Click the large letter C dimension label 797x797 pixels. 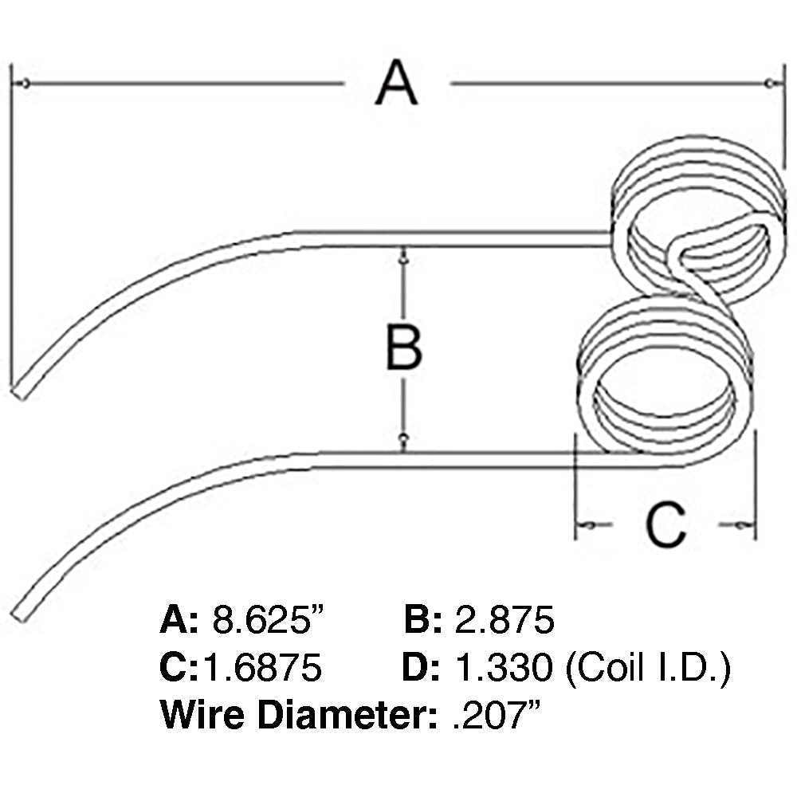665,525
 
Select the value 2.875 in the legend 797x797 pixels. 504,619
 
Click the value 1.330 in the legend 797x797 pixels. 503,668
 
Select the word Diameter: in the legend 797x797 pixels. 346,715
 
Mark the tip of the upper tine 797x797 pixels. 19,391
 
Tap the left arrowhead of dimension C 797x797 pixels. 582,525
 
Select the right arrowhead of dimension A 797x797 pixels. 769,84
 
